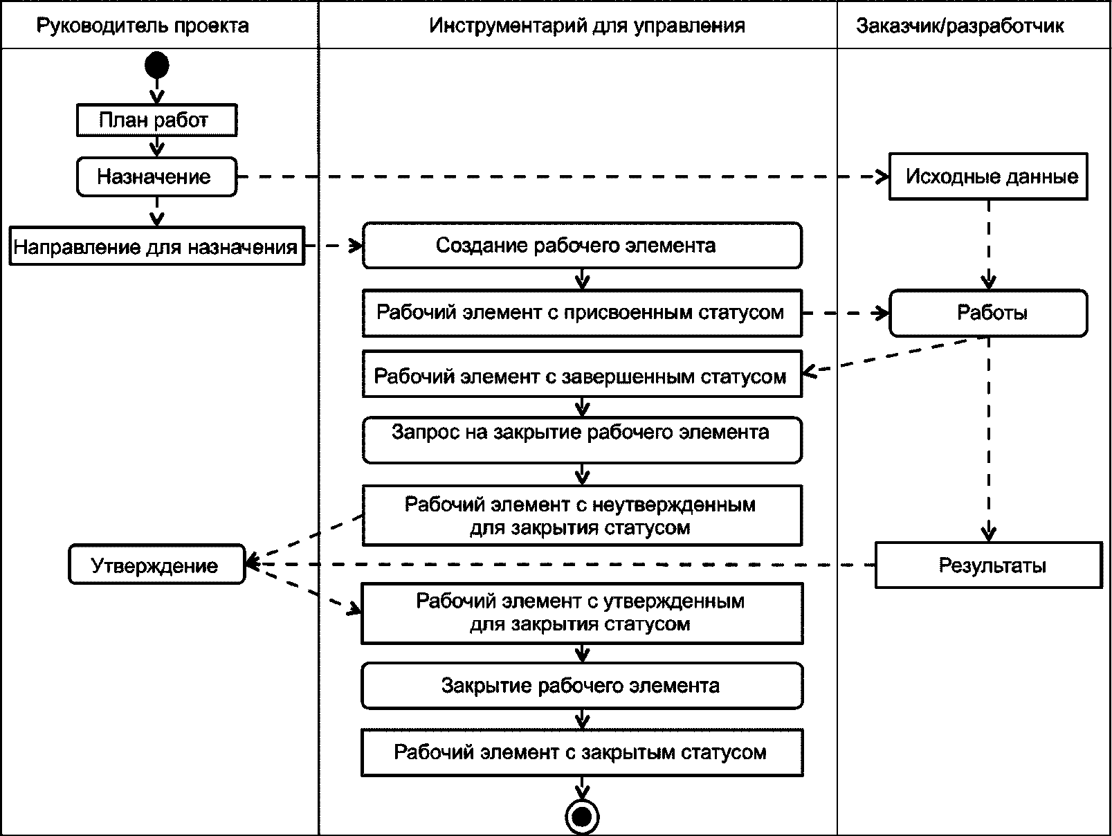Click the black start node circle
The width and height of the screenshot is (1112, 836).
pos(157,66)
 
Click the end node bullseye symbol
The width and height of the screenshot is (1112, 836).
pos(582,817)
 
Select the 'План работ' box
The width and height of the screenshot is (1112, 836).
pos(156,120)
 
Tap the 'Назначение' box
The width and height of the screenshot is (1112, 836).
pos(156,176)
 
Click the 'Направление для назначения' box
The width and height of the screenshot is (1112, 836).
pos(157,246)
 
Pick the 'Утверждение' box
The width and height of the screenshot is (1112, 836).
pos(156,565)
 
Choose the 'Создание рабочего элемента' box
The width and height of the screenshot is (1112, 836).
pos(582,245)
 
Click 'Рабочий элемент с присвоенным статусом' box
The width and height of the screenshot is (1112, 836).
pos(582,313)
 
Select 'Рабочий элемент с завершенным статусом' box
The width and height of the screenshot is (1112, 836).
pos(582,376)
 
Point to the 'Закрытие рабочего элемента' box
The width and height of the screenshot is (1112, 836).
pos(582,686)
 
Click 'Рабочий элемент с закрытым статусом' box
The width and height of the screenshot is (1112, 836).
pos(582,752)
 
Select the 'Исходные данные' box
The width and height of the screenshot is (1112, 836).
pos(988,176)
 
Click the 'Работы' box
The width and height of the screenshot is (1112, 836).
pos(988,313)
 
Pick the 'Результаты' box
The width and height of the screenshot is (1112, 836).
pos(988,565)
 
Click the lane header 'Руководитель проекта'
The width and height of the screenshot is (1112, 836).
pos(143,26)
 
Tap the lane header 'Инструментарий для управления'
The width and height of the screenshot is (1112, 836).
pos(587,26)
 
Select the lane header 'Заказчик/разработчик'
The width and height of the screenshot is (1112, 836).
pos(960,26)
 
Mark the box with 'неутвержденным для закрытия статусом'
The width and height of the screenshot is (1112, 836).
pos(582,516)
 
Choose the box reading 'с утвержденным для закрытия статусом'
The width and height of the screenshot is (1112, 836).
pos(582,612)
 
